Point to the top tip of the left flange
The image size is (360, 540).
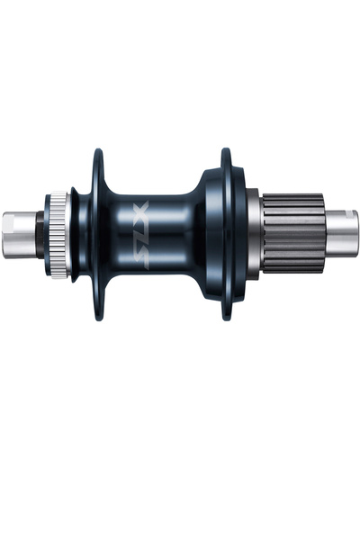tap(95, 152)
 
